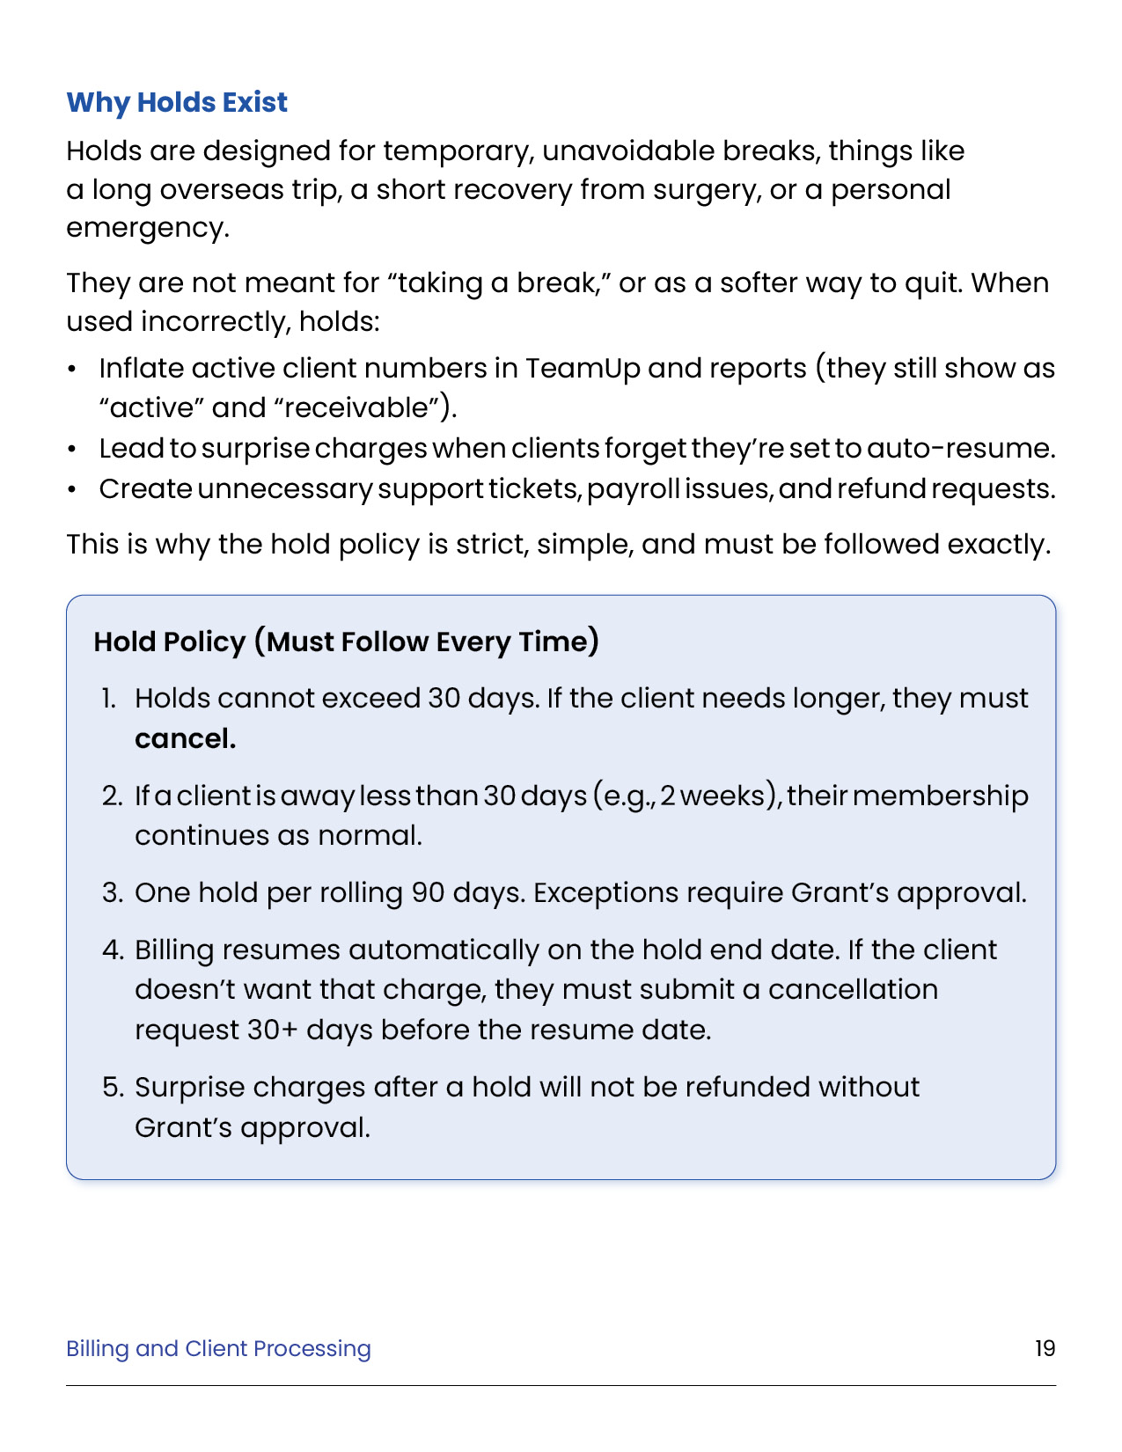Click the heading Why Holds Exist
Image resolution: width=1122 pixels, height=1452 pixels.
tap(177, 102)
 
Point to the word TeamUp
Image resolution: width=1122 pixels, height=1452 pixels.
tap(583, 368)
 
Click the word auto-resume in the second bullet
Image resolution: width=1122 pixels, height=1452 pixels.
tap(960, 448)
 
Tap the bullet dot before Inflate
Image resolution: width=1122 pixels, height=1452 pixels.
tap(72, 369)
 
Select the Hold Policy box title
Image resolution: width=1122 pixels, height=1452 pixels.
tap(347, 642)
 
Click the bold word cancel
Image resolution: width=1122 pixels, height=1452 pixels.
tap(185, 738)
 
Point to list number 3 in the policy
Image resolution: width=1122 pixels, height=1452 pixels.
tap(112, 892)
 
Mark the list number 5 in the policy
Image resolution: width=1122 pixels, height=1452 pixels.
tap(113, 1087)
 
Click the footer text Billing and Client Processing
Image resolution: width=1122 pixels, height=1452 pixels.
tap(218, 1348)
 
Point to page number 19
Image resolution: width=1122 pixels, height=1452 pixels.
tap(1045, 1348)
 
